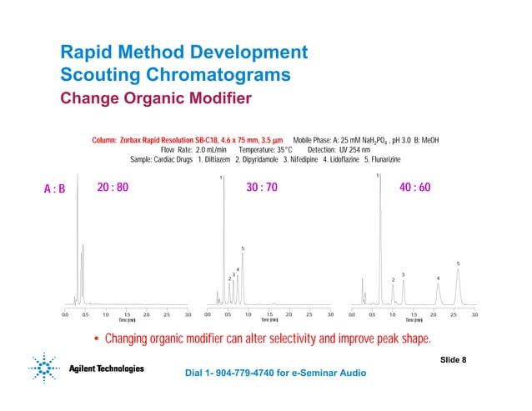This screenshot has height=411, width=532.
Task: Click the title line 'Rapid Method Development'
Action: pos(184,53)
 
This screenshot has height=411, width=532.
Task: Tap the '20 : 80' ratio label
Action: pos(113,188)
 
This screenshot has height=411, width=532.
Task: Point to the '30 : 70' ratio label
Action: pos(262,188)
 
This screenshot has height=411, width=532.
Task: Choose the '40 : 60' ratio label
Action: pos(414,188)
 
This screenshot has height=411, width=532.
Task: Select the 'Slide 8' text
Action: pos(453,358)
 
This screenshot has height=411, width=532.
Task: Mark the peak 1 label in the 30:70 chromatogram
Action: pos(221,178)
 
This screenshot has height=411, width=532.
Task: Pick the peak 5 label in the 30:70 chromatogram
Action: pos(243,248)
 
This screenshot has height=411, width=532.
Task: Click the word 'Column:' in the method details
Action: pos(104,139)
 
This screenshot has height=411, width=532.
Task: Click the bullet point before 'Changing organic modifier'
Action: pos(97,339)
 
